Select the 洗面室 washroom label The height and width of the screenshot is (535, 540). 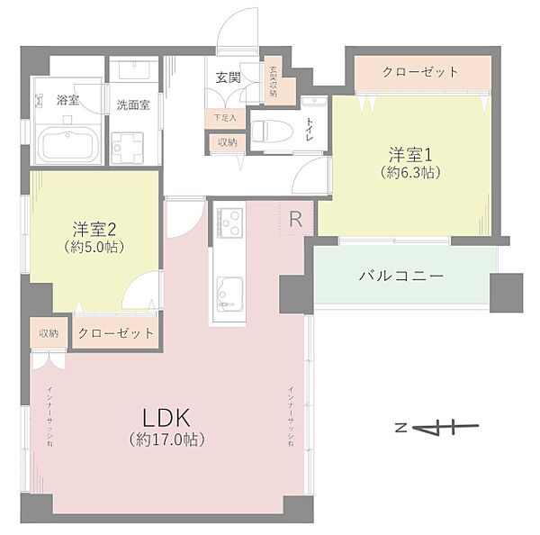[133, 104]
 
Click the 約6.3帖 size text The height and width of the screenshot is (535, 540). [409, 171]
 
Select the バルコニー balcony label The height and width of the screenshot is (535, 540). [401, 276]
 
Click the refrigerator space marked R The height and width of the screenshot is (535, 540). [295, 219]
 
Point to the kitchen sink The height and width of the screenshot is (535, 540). [229, 293]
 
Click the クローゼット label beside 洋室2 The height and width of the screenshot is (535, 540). [115, 333]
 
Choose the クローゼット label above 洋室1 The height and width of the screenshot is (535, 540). [420, 72]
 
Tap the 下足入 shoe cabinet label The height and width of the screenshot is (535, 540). [223, 117]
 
